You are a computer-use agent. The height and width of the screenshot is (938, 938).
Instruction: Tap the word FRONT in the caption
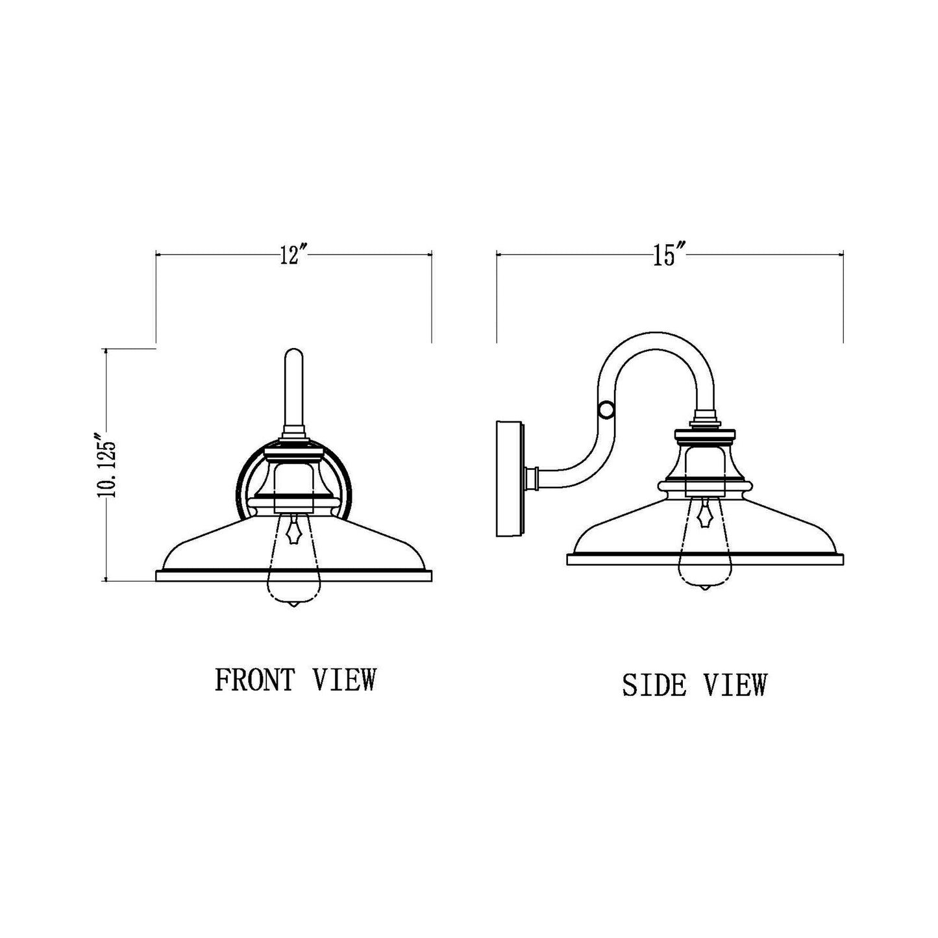(254, 680)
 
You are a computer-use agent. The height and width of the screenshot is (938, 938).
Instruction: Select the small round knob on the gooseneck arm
(606, 410)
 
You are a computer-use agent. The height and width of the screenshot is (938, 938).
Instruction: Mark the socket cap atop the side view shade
(704, 433)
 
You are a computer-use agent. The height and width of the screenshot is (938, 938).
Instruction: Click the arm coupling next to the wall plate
(534, 478)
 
